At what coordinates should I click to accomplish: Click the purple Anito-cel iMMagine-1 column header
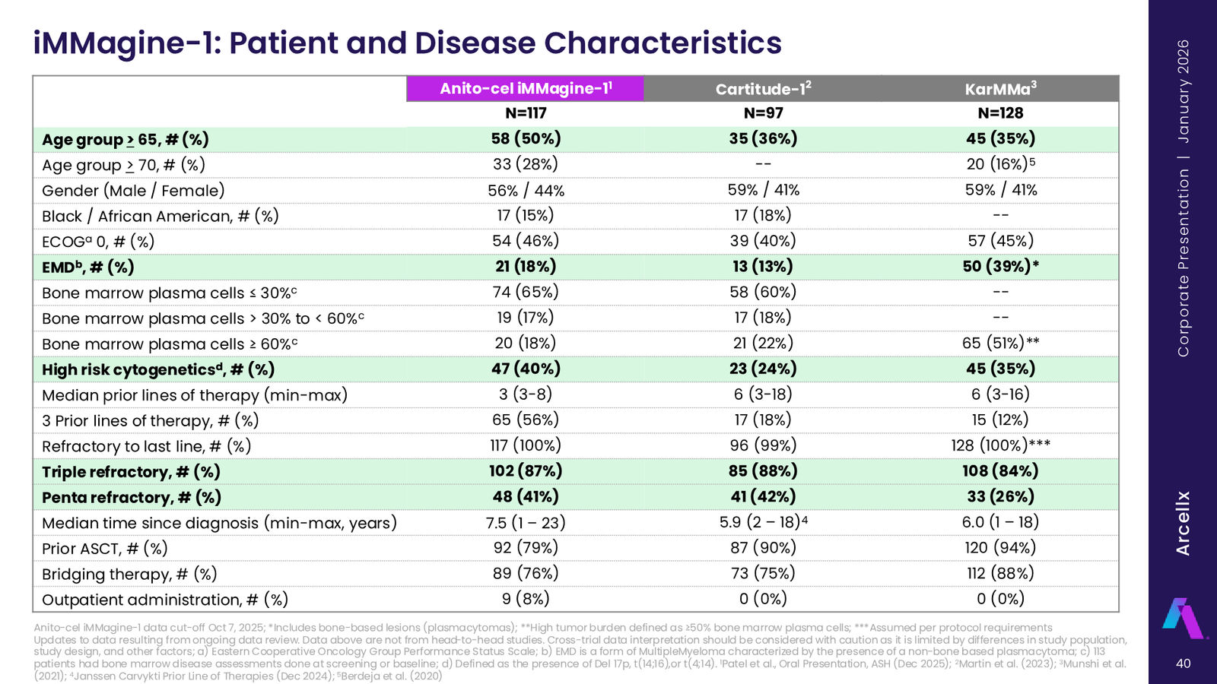(526, 88)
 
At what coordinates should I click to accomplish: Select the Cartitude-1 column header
(763, 88)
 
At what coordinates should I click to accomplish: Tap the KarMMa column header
(1000, 88)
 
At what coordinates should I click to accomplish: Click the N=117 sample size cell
(526, 113)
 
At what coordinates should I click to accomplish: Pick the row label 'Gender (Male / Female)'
(133, 191)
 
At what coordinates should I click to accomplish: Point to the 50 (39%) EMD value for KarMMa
(1001, 266)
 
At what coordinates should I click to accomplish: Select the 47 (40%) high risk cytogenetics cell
(526, 369)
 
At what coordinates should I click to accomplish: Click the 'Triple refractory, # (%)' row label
(131, 472)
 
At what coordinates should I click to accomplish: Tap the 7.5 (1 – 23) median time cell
(526, 522)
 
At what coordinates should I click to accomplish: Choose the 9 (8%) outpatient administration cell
(526, 599)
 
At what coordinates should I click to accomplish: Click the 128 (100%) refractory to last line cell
(1000, 445)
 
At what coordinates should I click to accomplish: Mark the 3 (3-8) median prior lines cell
(526, 394)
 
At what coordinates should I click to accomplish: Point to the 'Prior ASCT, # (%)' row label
(105, 548)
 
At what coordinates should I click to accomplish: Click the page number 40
(1184, 663)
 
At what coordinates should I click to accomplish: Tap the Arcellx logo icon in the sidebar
(1184, 618)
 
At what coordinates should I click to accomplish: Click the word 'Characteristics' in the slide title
(663, 43)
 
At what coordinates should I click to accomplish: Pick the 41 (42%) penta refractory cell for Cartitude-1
(763, 496)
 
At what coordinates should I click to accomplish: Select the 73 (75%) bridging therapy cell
(763, 573)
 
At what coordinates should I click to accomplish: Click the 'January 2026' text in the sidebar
(1183, 91)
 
